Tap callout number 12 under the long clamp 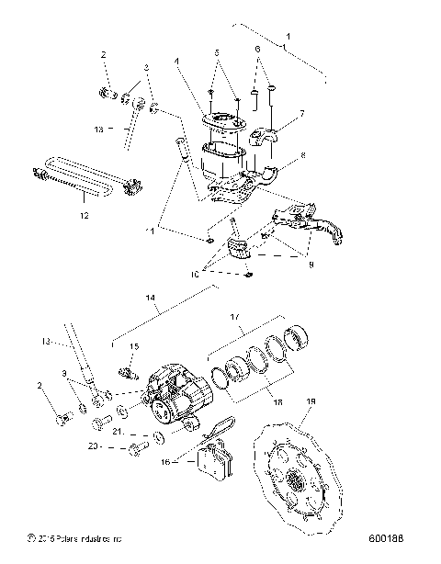click(85, 217)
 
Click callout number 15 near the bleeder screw click(133, 346)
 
